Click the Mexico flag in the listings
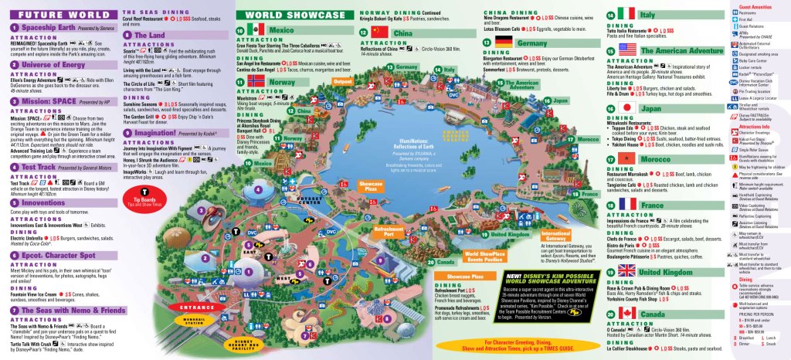(x=256, y=29)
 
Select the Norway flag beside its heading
(x=256, y=80)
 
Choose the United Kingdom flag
(x=627, y=272)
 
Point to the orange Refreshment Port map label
(x=388, y=231)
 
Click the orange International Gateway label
(x=555, y=235)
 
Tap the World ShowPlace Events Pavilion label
(x=483, y=256)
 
